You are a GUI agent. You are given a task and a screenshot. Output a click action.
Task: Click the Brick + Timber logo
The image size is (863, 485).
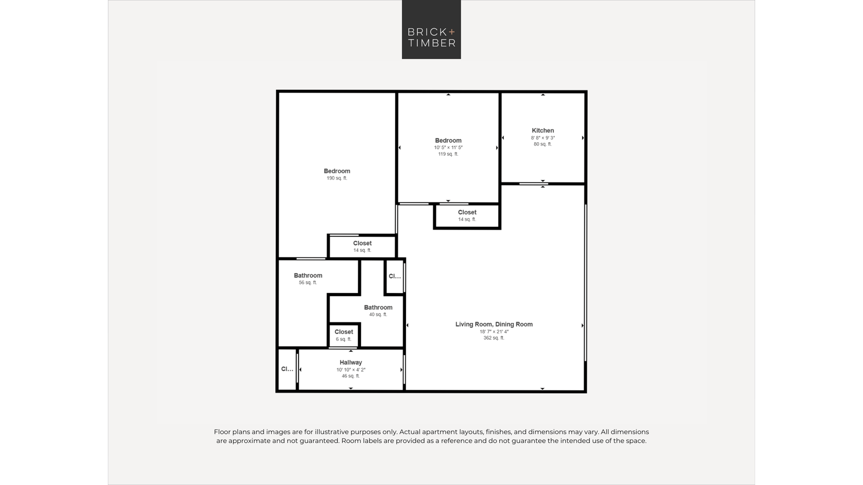click(x=431, y=29)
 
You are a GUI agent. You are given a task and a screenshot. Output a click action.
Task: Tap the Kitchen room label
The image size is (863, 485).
click(x=543, y=130)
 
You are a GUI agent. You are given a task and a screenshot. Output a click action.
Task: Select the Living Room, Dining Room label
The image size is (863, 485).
click(x=494, y=324)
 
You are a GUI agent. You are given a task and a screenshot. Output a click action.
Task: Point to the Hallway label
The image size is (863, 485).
click(x=351, y=363)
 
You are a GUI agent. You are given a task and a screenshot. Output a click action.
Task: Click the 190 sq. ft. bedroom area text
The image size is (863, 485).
click(x=337, y=178)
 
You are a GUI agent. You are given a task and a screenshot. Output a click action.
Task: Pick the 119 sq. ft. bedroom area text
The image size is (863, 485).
click(x=448, y=154)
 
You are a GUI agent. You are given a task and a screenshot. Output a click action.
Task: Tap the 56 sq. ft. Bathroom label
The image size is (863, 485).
click(x=308, y=275)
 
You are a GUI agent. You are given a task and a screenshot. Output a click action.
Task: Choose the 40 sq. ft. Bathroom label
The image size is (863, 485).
click(x=378, y=307)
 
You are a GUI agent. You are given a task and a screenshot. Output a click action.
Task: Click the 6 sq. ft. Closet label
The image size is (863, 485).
click(x=344, y=332)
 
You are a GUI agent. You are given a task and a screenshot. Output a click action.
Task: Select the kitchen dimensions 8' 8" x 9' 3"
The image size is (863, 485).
click(x=543, y=138)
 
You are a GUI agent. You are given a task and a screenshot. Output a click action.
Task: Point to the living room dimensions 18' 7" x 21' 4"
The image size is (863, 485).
click(x=494, y=332)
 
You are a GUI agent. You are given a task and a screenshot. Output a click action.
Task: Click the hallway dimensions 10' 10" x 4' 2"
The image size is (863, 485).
click(x=351, y=370)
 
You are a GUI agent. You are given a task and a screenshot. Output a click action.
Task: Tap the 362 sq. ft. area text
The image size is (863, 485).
click(x=494, y=338)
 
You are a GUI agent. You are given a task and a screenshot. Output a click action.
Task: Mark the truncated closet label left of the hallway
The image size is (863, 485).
click(x=287, y=369)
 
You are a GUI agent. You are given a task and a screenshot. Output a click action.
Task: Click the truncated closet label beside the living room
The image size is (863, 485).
click(x=395, y=276)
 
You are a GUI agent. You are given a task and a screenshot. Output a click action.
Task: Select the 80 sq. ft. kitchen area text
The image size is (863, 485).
click(x=543, y=144)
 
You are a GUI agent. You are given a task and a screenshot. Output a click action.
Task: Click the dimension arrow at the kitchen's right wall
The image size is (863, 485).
click(x=583, y=138)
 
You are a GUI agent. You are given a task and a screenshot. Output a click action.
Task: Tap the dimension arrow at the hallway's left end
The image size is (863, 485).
click(x=300, y=369)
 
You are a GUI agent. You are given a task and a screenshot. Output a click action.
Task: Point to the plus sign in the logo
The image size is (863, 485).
click(x=452, y=32)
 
